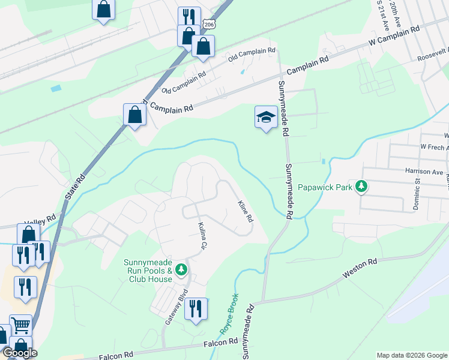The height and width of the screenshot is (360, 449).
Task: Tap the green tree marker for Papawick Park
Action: [x=361, y=187]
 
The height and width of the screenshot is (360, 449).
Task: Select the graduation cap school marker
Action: [x=265, y=118]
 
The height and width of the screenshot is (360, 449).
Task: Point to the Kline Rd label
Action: [x=245, y=211]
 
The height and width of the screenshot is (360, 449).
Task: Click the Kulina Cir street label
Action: [x=202, y=236]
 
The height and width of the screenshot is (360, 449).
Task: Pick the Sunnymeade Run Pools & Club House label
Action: [x=149, y=271]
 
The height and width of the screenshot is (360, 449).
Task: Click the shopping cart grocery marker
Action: [x=21, y=326]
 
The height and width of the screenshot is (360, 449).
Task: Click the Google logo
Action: [x=20, y=353]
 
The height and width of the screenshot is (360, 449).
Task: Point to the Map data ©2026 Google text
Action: [x=411, y=355]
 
